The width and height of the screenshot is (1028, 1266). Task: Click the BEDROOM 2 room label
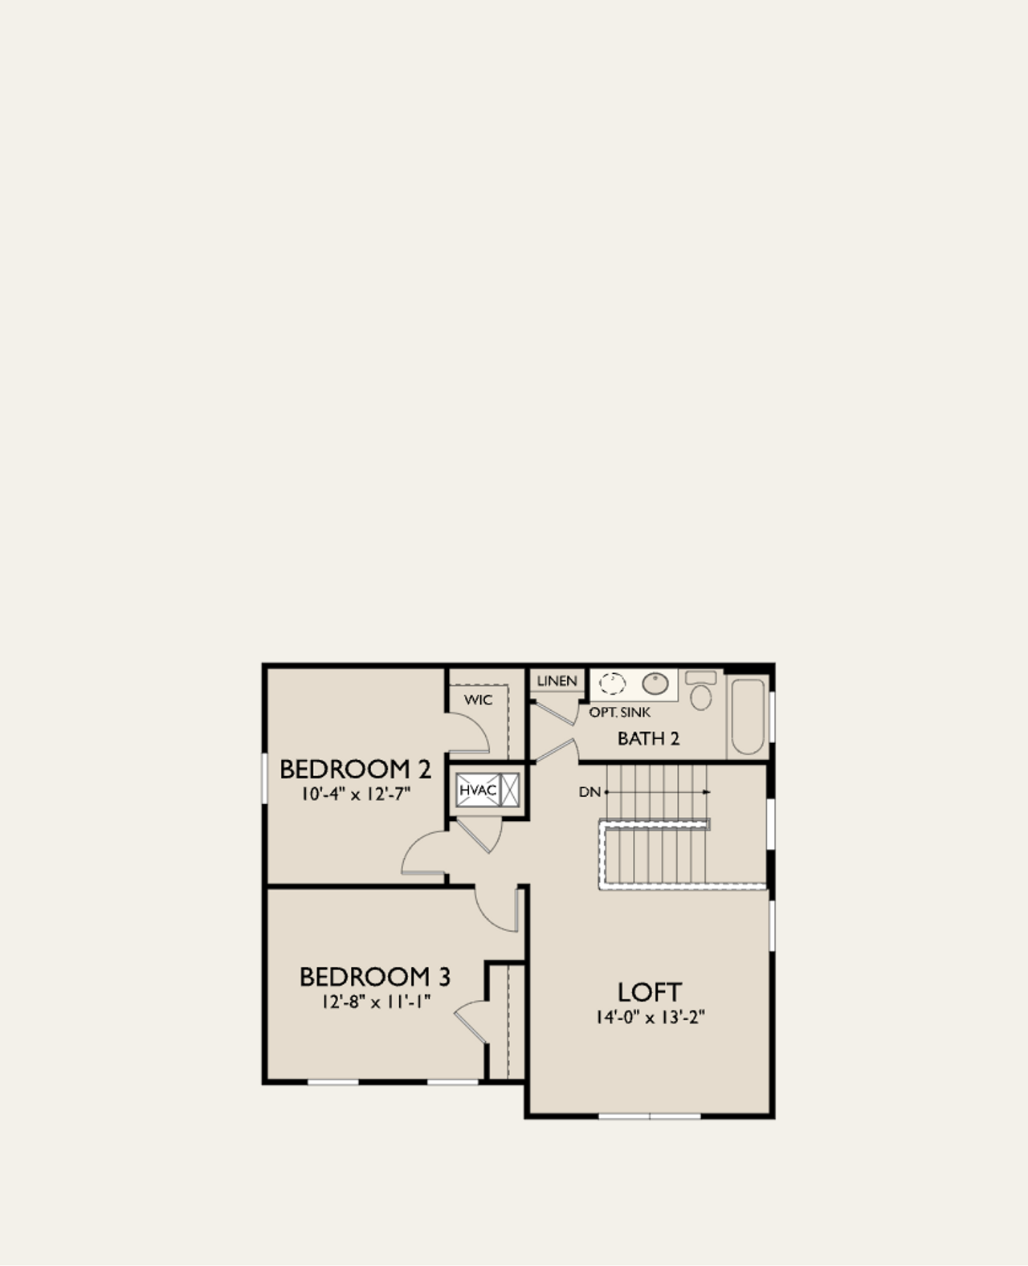[x=355, y=769]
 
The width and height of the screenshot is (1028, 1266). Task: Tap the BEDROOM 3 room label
[x=375, y=977]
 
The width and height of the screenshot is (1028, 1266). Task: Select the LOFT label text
[x=649, y=992]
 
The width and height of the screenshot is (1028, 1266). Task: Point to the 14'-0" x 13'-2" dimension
[x=649, y=1017]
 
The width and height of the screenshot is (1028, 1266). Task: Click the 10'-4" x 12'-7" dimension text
[x=355, y=794]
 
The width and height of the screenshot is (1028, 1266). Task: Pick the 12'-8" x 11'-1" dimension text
[x=375, y=1002]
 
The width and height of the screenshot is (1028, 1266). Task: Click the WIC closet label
[x=478, y=700]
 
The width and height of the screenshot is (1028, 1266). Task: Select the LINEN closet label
[x=557, y=681]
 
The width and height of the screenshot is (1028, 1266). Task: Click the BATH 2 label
[x=648, y=738]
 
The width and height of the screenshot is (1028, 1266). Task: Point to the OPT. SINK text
[x=619, y=713]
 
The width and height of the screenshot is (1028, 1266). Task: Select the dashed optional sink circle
[x=612, y=684]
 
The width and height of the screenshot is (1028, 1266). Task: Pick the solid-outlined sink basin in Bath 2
[x=655, y=684]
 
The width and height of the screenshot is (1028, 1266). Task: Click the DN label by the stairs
[x=589, y=792]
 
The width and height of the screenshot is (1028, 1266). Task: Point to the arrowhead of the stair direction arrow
[x=707, y=792]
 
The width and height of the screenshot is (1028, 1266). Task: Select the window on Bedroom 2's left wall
[x=264, y=778]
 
